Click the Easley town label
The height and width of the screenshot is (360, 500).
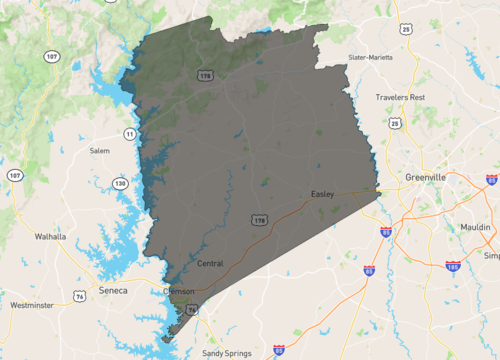pos(322,193)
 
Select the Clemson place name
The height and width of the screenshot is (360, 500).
pos(179,292)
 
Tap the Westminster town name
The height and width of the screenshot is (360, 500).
pos(31,304)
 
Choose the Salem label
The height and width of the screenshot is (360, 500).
pos(99,150)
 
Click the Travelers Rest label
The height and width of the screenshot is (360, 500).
pos(401,97)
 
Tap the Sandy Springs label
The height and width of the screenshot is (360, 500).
pos(228,354)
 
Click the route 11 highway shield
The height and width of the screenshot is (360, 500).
pos(129,133)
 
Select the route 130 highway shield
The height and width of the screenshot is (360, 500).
pos(121,183)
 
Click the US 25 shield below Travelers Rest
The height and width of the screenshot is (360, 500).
pos(395,124)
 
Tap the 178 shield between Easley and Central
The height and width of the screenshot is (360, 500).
pos(260,219)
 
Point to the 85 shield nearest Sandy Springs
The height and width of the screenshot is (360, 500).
pos(278,349)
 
